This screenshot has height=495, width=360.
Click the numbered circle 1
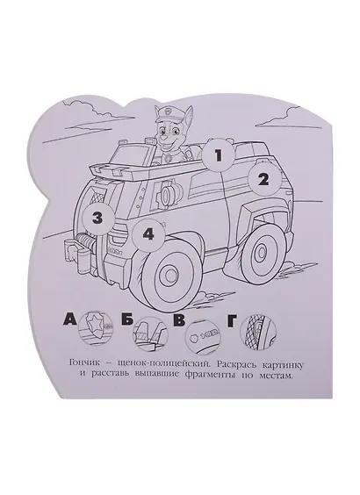coord(219,156)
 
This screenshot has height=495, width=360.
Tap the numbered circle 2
coord(263,180)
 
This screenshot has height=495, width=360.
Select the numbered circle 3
coord(97,219)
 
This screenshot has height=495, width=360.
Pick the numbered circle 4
coord(148,235)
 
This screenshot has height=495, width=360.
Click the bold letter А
coord(70,319)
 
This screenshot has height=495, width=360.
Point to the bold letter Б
coord(126,320)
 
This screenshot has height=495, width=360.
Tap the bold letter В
coord(179,320)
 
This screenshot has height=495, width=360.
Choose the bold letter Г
coord(232,320)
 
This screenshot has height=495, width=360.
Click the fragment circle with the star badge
coord(96,328)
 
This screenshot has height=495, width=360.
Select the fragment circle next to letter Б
coord(150,333)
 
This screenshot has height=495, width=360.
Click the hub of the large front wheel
coord(170,273)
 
